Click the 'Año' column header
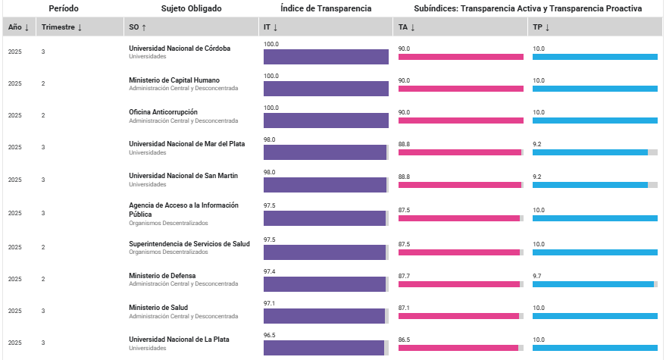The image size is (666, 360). tap(19, 27)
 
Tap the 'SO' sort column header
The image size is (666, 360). tap(138, 27)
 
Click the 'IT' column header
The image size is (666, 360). tap(270, 27)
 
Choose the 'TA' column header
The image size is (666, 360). tap(406, 27)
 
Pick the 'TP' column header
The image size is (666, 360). tap(541, 27)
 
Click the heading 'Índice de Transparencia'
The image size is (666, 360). tap(326, 8)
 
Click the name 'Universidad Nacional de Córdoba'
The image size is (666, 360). tap(180, 49)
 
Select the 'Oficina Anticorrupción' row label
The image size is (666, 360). tap(163, 112)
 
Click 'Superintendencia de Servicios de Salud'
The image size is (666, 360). tap(189, 243)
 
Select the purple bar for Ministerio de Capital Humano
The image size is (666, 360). tap(326, 89)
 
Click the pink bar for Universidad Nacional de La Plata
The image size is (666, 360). tap(458, 348)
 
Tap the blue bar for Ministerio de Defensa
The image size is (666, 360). tap(593, 284)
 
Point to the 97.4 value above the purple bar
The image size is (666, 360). tap(270, 271)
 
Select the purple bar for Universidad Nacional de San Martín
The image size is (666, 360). tap(325, 185)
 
